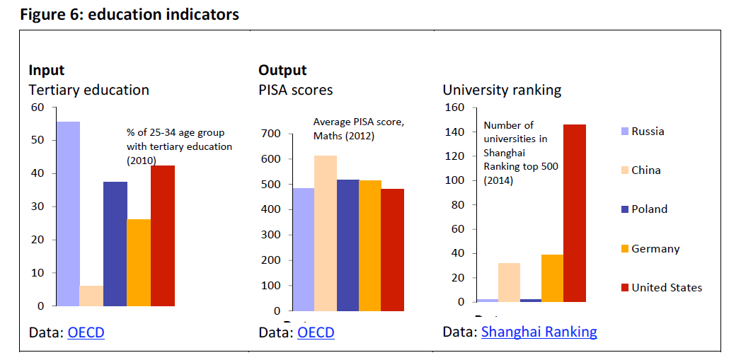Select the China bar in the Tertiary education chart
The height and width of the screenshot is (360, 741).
click(91, 296)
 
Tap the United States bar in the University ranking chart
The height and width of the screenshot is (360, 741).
click(575, 213)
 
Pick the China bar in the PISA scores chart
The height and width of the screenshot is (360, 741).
click(325, 233)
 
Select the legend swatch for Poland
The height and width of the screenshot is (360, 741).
click(624, 209)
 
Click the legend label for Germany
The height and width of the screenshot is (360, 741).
click(655, 249)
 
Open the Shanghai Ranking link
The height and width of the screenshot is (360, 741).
click(539, 332)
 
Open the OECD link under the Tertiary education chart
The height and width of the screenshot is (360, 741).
click(86, 332)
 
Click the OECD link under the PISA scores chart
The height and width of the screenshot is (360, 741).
click(316, 332)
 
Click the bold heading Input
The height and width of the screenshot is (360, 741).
click(47, 70)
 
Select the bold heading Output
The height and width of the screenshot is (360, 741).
click(282, 70)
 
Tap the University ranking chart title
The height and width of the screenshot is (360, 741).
click(502, 90)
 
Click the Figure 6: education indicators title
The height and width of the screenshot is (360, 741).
click(130, 15)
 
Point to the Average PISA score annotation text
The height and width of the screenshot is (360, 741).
click(358, 128)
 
